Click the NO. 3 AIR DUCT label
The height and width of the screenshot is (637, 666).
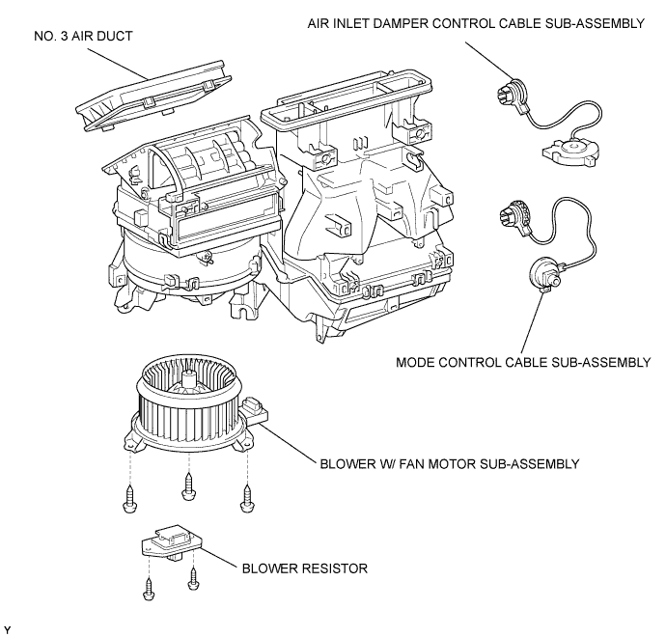(x=83, y=36)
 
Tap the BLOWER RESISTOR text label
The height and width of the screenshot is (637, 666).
(x=305, y=568)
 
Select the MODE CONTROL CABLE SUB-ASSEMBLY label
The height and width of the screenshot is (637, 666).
(x=523, y=362)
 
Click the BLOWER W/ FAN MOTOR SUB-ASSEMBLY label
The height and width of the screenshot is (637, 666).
(x=450, y=463)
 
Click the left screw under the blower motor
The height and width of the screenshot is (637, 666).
(x=130, y=499)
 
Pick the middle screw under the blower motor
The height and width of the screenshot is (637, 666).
(x=188, y=485)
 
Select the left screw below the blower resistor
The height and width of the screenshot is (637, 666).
(x=149, y=589)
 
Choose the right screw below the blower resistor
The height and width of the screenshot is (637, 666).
(x=193, y=578)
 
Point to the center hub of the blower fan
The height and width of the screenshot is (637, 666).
(x=188, y=379)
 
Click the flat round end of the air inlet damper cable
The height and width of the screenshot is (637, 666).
(x=571, y=152)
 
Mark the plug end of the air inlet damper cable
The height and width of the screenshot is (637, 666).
(x=512, y=94)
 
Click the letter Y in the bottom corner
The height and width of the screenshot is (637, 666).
(x=7, y=629)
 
